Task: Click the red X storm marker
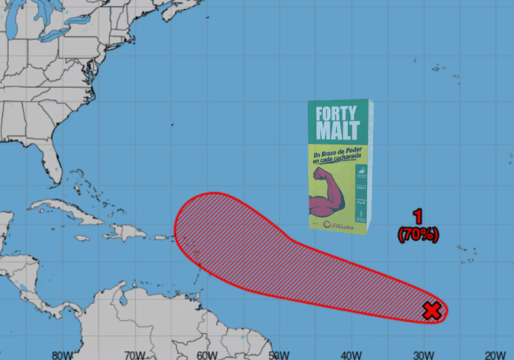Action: [x=433, y=310]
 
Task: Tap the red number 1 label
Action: [x=418, y=217]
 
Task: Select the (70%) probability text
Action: [x=418, y=234]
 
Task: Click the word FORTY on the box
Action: [x=337, y=115]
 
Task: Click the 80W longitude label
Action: [x=64, y=353]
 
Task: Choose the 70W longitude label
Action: [x=135, y=353]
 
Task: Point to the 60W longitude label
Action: [x=207, y=353]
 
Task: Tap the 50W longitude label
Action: [x=278, y=353]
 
